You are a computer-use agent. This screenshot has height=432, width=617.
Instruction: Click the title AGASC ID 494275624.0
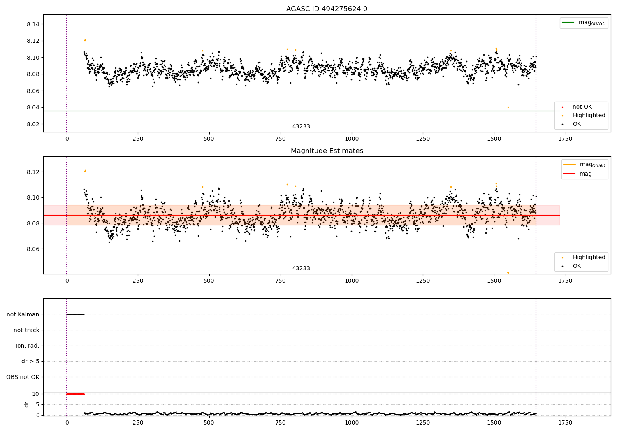coord(327,9)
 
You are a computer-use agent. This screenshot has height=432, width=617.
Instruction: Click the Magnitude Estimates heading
coord(327,151)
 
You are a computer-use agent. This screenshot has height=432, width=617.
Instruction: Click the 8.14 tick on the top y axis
coord(33,24)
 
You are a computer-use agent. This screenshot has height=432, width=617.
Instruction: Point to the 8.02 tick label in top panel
coord(33,124)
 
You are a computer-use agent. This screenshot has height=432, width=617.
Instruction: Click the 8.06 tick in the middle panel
coord(33,249)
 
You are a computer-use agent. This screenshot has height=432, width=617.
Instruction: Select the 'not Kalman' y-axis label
coord(23,314)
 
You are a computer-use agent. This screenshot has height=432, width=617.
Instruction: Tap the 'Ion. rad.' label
coord(28,346)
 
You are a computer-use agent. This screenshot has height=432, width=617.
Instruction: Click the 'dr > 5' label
coord(30,361)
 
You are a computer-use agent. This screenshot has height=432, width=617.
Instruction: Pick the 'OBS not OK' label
coord(23,377)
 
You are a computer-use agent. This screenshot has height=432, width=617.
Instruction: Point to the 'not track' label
coord(26,330)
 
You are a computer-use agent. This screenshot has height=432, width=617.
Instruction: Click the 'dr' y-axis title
coord(27,404)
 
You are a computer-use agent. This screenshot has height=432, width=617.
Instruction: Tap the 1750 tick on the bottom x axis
coord(565,423)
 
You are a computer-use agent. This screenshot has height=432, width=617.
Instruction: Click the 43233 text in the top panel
coord(301,127)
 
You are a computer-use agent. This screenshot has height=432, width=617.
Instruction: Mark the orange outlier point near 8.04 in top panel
coord(508,107)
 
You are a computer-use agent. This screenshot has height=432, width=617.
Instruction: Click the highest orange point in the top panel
coord(85,40)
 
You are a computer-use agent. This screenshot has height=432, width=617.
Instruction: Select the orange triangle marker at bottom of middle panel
coord(508,273)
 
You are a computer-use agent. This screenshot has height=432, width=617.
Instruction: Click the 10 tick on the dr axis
coord(36,394)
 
